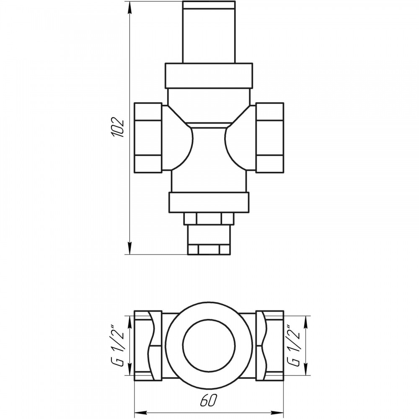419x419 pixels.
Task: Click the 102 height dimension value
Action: (x=118, y=127)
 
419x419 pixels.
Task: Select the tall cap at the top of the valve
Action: (x=209, y=32)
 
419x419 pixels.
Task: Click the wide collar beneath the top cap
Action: (x=209, y=75)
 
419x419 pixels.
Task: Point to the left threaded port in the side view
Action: (x=148, y=138)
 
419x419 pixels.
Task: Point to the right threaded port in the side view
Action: (x=269, y=138)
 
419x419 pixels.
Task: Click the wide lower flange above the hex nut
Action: (x=209, y=202)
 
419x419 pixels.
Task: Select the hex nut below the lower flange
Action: (x=209, y=219)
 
